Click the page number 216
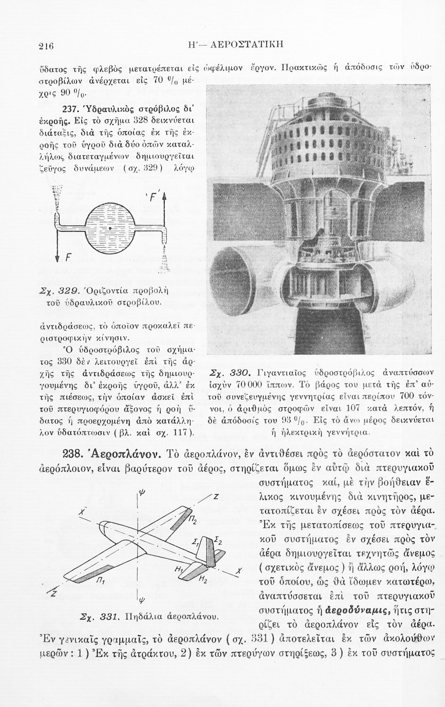[x=47, y=45]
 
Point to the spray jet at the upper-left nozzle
[x=57, y=196]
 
